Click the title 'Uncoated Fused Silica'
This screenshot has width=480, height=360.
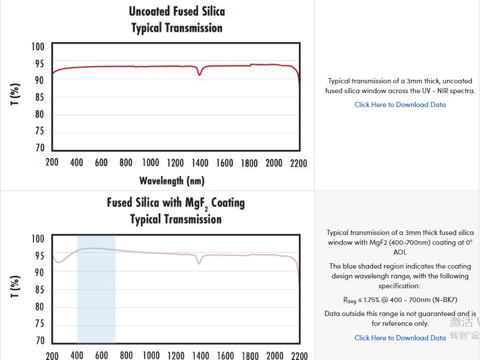point(176,11)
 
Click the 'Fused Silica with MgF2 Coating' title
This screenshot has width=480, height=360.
point(176,203)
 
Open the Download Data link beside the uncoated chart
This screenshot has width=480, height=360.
point(400,105)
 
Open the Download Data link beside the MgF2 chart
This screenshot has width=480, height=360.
point(400,338)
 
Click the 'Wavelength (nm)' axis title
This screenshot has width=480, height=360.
point(172,181)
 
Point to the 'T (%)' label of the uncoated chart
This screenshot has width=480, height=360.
point(16,95)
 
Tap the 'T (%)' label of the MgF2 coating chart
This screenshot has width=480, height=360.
point(16,286)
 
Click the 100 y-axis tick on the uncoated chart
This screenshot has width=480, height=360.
point(38,47)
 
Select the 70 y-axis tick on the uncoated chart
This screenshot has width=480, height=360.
point(39,148)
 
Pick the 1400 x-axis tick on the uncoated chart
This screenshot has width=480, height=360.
point(200,163)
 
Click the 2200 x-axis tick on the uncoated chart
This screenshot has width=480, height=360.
point(298,163)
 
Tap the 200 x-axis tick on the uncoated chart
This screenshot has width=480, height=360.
point(52,163)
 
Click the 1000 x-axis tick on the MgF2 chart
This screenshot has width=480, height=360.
point(151,355)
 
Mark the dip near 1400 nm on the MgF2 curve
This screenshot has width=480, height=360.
point(200,263)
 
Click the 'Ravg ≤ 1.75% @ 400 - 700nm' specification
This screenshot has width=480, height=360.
point(400,300)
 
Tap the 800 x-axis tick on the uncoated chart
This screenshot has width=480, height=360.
point(126,163)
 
